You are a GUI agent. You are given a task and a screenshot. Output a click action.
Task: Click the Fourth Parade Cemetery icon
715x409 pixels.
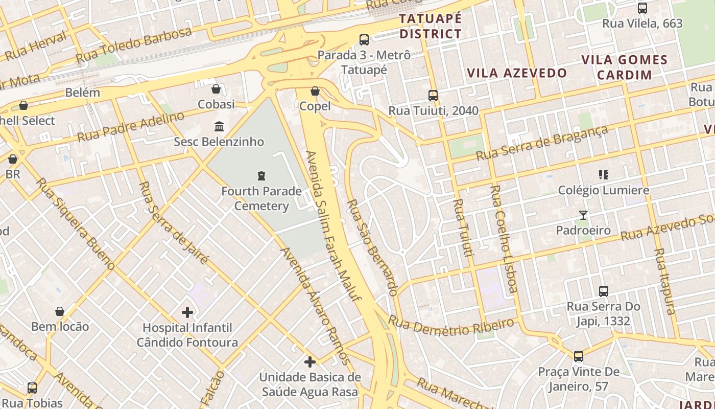coord(261,176)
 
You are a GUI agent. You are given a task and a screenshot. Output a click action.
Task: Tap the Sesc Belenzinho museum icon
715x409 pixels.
coord(219,126)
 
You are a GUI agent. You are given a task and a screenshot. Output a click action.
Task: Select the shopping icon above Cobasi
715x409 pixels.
coord(216,89)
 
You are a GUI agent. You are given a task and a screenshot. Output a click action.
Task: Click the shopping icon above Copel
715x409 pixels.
coord(315,91)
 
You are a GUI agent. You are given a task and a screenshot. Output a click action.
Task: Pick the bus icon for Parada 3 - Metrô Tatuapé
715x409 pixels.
coord(364,39)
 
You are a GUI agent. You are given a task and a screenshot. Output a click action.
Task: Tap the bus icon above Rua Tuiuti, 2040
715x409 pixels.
coord(433,95)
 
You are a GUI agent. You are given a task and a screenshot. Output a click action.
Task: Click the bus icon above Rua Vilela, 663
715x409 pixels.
coord(642,8)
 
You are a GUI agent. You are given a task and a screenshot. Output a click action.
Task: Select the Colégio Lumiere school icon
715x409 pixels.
coord(603,175)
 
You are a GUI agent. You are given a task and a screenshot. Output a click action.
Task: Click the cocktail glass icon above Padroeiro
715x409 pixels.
coord(583,215)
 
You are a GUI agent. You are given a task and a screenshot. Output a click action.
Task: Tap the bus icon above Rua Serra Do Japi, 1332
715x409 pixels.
coord(604,291)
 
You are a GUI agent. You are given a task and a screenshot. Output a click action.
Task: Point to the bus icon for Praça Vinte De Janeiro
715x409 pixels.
coord(579,356)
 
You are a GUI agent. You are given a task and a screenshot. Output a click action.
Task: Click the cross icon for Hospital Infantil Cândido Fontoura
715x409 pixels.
coord(187,312)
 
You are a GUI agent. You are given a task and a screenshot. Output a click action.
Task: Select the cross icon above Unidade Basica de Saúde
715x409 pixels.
coord(310,362)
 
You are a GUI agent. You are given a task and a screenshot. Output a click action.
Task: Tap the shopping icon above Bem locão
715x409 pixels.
coord(60,311)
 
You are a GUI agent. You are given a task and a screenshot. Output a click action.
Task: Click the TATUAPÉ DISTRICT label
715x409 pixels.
coord(431,27)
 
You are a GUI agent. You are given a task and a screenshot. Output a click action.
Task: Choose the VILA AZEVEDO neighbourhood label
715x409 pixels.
coord(517,73)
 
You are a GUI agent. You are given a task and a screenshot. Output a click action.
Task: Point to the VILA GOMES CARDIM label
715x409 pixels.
coord(625,67)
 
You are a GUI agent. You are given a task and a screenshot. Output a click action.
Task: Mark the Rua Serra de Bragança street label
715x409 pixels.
coord(542,143)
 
